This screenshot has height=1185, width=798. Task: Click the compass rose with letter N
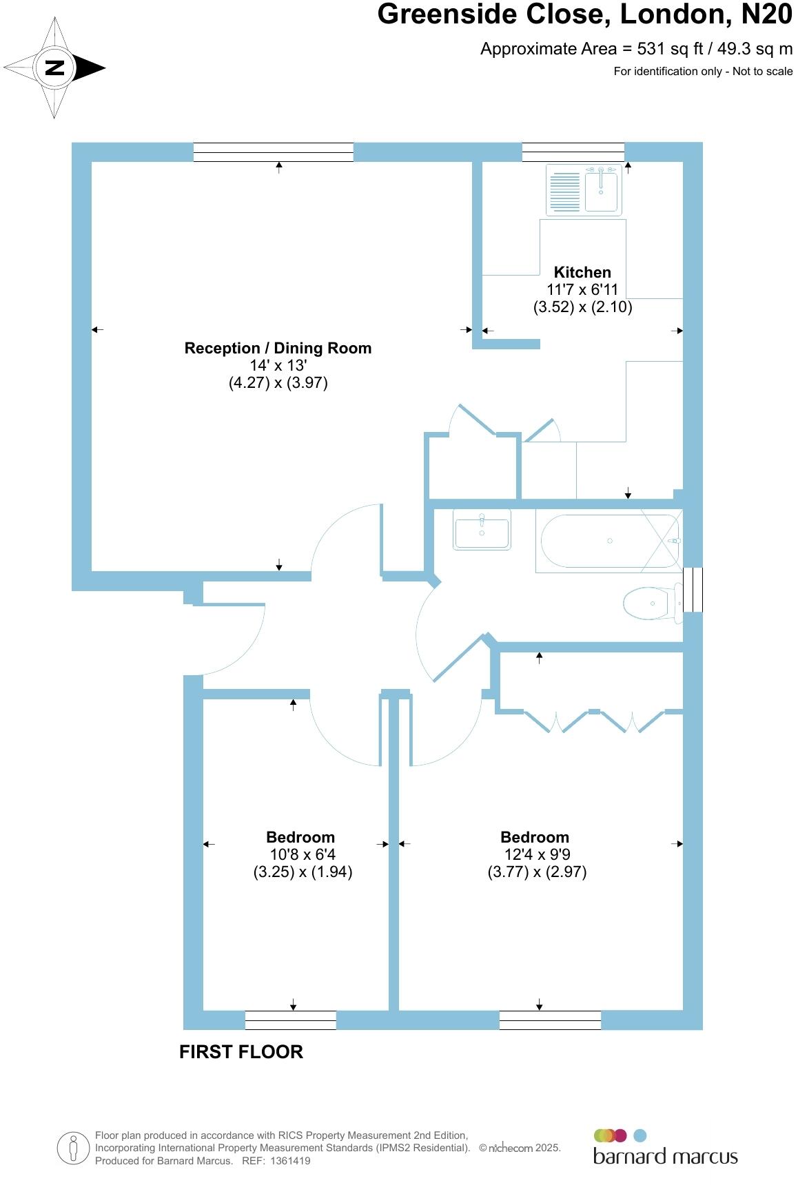tap(54, 68)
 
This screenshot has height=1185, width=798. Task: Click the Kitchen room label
tap(582, 272)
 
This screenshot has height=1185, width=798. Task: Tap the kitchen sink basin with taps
tap(602, 189)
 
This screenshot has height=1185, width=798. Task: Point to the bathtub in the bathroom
tap(609, 542)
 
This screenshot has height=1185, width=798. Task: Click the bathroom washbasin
tap(482, 530)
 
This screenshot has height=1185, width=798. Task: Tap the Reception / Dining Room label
tap(278, 349)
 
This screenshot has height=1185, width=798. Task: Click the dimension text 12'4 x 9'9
tap(537, 855)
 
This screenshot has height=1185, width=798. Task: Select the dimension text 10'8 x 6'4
tap(303, 855)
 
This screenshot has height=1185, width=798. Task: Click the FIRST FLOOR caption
tap(241, 1052)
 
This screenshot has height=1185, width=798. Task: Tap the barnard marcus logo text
tap(665, 1157)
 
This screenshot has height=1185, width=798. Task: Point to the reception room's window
tap(273, 152)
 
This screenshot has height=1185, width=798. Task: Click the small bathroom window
tap(693, 590)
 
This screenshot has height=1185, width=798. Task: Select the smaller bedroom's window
tap(290, 1020)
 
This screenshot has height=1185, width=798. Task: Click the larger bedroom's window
tap(550, 1020)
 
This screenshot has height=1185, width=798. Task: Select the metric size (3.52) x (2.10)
tap(582, 307)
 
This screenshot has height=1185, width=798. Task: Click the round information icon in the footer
tap(73, 1148)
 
